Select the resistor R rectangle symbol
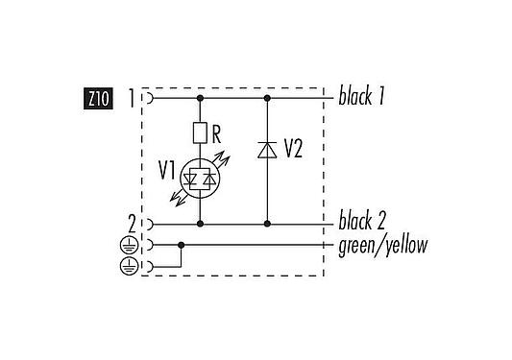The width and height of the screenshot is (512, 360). coord(200,132)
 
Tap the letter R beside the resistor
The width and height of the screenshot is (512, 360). coord(217,126)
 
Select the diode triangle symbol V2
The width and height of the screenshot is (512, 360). coord(266,149)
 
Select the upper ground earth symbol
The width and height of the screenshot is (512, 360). coord(128,245)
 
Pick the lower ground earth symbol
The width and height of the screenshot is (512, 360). coord(128,265)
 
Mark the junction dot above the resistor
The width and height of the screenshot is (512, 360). coord(200,98)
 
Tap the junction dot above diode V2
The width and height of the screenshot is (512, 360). coord(266,98)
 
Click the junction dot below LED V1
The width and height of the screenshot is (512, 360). coord(200,223)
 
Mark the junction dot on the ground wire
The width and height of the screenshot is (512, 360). coord(181,245)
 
